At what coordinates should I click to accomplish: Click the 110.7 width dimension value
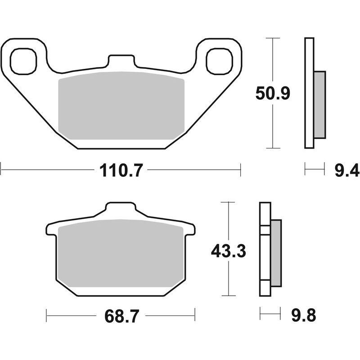(120, 171)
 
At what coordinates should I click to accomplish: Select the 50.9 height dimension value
(273, 94)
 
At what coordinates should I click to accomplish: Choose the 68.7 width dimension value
(120, 316)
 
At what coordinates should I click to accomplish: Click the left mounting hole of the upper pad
(23, 62)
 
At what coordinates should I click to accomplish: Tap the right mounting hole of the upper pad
(219, 62)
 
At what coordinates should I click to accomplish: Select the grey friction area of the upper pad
(121, 106)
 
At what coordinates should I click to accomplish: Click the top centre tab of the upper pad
(121, 62)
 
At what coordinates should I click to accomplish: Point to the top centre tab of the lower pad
(120, 210)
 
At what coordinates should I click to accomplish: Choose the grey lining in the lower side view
(275, 252)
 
